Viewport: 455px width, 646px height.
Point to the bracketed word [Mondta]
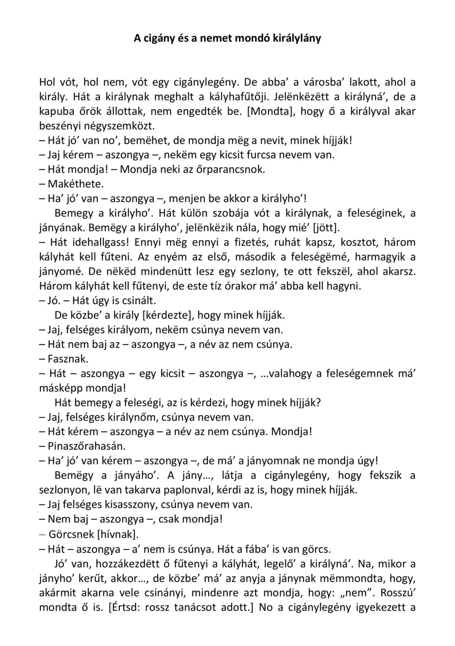click(x=271, y=112)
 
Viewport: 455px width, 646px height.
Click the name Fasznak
click(x=68, y=359)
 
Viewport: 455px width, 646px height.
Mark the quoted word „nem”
click(x=356, y=593)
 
